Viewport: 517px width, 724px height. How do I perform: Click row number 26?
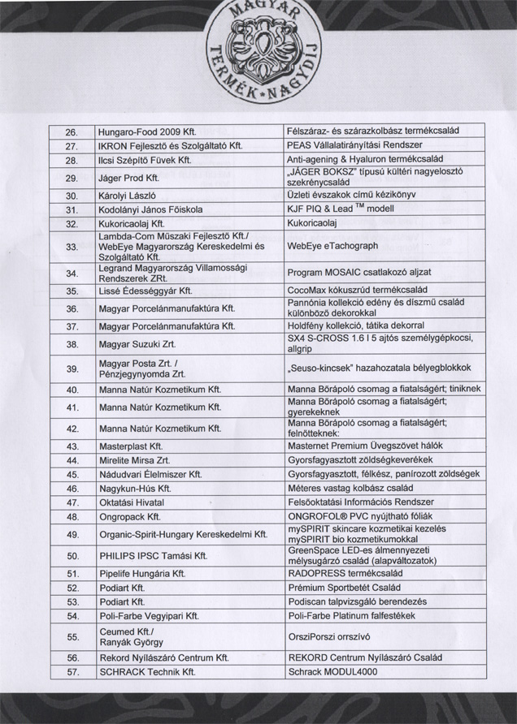71,131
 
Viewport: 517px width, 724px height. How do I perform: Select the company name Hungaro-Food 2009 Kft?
148,131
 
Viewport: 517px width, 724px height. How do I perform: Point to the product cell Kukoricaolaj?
313,222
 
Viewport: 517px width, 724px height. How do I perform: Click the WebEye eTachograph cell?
333,246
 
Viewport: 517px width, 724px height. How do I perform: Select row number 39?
71,368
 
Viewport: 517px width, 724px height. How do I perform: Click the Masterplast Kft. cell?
131,446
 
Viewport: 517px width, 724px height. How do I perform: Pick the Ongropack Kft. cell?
129,516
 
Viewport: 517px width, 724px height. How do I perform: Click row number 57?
71,672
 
